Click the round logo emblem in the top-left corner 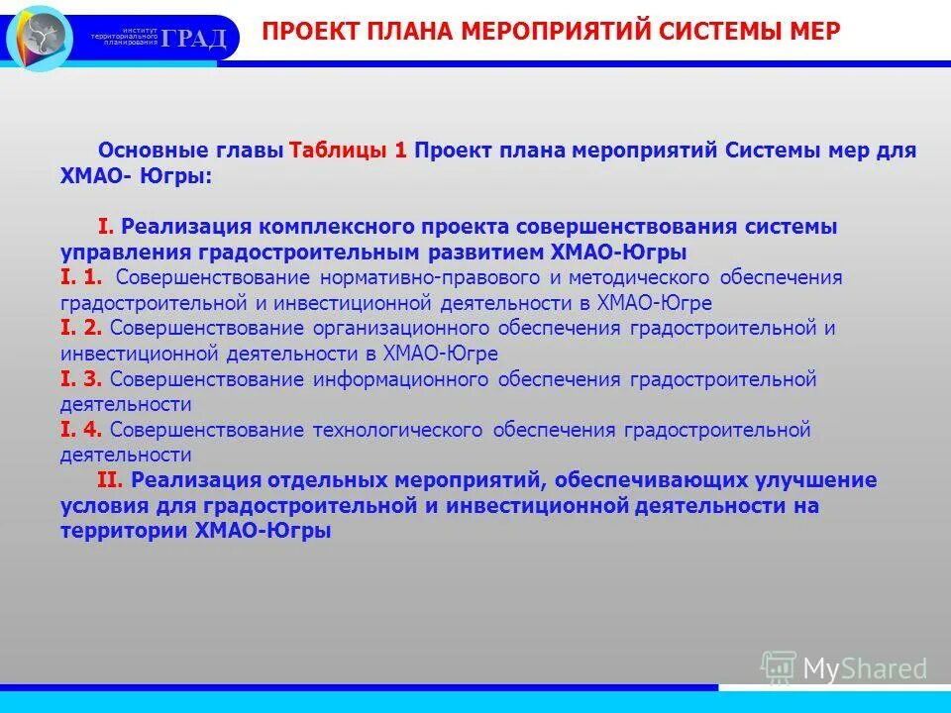coord(41,37)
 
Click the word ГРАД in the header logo coord(194,39)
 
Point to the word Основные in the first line coord(146,152)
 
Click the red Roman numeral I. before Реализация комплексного coord(107,227)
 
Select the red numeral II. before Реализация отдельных coord(110,480)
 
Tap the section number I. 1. coord(81,277)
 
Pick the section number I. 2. coord(81,328)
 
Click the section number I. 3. coord(81,378)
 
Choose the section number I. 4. coord(81,430)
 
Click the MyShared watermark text coord(865,669)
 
